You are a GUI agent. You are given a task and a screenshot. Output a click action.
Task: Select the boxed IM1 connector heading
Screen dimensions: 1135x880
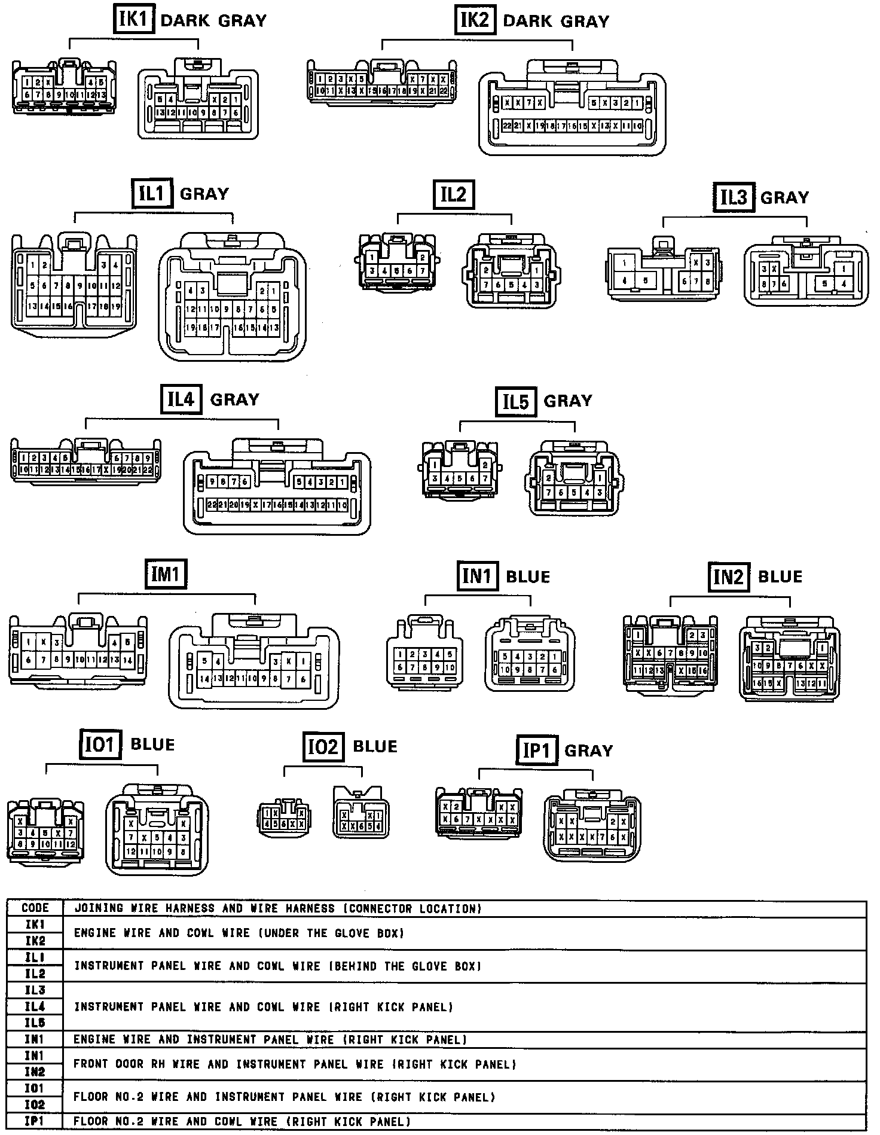click(x=166, y=574)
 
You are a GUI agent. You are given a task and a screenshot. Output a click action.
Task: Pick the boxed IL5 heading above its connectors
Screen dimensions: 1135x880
click(x=516, y=401)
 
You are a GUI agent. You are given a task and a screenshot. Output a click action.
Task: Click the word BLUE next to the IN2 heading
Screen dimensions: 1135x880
click(x=780, y=576)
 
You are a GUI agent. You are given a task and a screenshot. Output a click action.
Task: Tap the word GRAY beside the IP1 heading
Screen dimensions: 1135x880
click(x=589, y=750)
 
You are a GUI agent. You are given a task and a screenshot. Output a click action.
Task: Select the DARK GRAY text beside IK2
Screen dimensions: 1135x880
click(x=556, y=22)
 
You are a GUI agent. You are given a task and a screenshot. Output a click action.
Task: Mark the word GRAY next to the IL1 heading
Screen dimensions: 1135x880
click(x=204, y=194)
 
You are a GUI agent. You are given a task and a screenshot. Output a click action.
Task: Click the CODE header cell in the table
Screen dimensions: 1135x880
click(x=35, y=908)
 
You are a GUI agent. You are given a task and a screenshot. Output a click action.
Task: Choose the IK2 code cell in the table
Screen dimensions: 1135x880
click(x=35, y=941)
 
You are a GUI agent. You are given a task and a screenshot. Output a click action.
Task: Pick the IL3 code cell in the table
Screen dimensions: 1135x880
click(x=35, y=990)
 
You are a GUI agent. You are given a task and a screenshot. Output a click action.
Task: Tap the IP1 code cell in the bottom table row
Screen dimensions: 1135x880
click(x=35, y=1122)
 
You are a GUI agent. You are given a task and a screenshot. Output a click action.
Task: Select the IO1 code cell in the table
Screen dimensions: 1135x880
click(x=35, y=1088)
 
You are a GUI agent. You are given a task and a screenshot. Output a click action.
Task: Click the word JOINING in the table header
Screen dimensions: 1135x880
click(x=98, y=908)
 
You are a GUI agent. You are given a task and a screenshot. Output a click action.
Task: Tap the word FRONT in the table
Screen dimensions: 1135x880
click(x=90, y=1064)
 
